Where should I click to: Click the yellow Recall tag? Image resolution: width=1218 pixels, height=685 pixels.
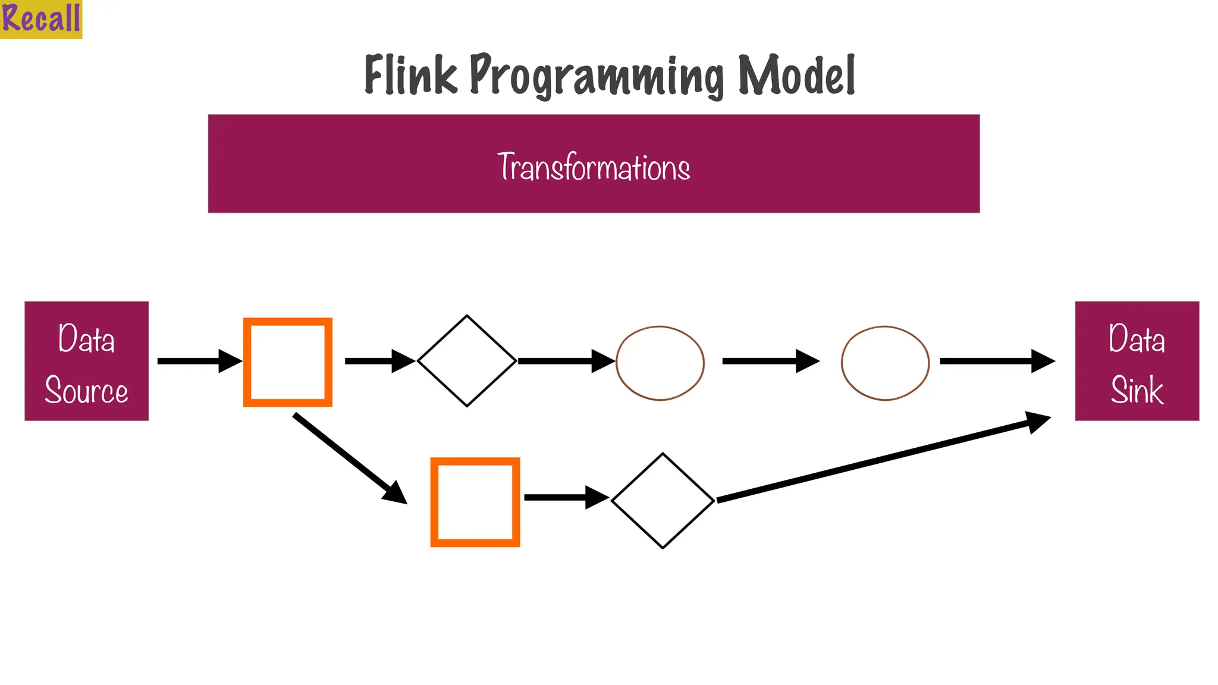[40, 18]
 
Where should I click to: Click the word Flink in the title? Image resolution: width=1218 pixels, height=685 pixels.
[410, 75]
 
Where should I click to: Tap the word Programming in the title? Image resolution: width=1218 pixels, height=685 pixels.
[597, 76]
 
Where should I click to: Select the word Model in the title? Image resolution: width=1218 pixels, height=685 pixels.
[796, 75]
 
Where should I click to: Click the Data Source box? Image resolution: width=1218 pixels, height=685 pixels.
[87, 361]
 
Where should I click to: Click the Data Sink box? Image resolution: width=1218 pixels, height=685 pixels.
[1137, 361]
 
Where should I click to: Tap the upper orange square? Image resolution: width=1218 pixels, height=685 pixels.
[288, 362]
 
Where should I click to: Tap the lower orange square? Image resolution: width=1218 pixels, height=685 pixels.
[475, 502]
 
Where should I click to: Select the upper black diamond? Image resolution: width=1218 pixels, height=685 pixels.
[467, 361]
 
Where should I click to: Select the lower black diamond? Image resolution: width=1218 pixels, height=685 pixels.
[663, 501]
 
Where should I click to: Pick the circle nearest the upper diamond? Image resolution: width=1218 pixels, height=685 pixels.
[660, 363]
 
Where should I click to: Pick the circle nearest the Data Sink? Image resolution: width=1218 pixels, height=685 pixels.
[885, 363]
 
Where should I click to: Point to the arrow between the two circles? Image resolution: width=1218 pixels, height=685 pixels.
[770, 361]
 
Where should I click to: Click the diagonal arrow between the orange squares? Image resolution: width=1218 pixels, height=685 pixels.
[348, 457]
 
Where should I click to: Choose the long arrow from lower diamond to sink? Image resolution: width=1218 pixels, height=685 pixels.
[880, 459]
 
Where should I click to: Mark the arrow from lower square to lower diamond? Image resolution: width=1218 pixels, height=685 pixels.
[565, 497]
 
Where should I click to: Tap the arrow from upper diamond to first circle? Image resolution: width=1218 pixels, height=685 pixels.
[565, 361]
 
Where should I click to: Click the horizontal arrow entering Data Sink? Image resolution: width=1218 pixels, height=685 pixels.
[996, 361]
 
